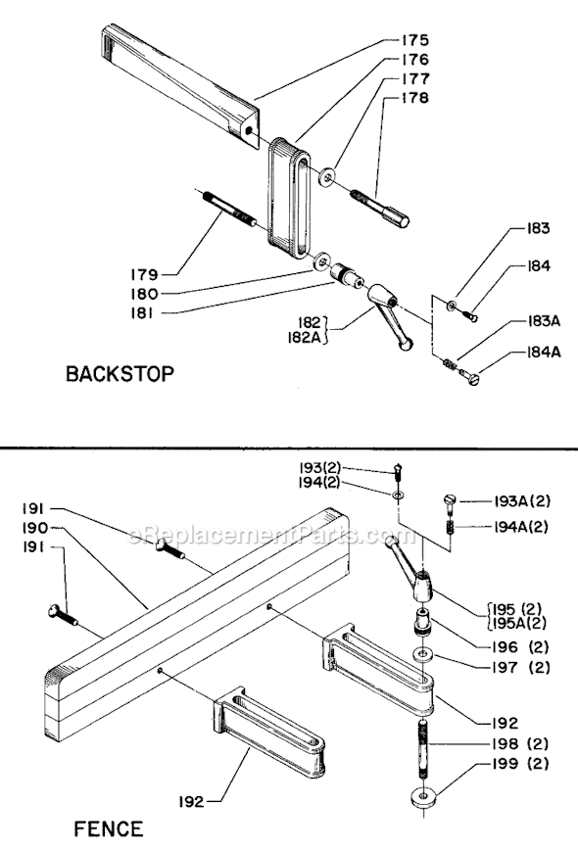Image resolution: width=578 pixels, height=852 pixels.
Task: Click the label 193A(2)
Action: pyautogui.click(x=519, y=500)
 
